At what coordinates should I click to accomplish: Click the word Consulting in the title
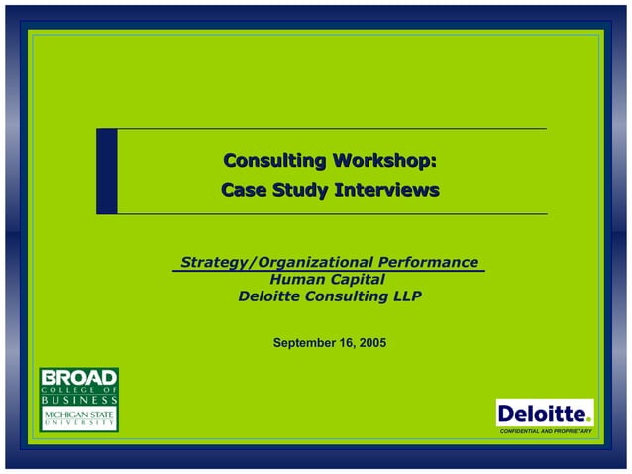click(x=275, y=161)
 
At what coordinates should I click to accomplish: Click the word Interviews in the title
click(x=385, y=189)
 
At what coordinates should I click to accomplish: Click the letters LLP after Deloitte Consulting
click(x=404, y=296)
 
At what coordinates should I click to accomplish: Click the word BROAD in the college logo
click(x=78, y=377)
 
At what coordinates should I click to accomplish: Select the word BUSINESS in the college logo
click(x=78, y=399)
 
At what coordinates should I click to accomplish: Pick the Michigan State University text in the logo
click(x=78, y=417)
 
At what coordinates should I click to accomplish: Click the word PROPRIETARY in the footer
click(x=574, y=432)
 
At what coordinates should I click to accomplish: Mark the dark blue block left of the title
click(x=106, y=171)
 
